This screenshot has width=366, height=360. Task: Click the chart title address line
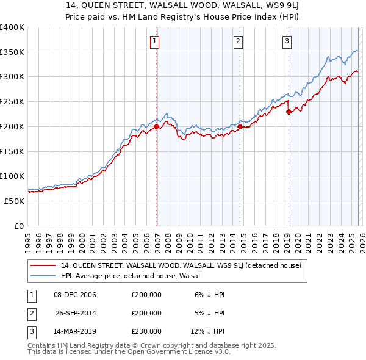[x=183, y=5]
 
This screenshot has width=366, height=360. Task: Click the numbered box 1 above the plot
[x=154, y=41]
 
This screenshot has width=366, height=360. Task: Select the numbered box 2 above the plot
[x=237, y=41]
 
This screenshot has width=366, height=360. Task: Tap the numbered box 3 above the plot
[x=287, y=41]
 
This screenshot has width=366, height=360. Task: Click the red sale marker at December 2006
[x=156, y=126]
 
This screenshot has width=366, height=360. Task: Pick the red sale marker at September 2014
[x=240, y=126]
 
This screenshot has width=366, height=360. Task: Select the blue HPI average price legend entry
[x=135, y=276]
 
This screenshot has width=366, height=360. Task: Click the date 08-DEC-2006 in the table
[x=75, y=295]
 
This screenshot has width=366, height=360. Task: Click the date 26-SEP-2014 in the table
[x=75, y=313]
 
